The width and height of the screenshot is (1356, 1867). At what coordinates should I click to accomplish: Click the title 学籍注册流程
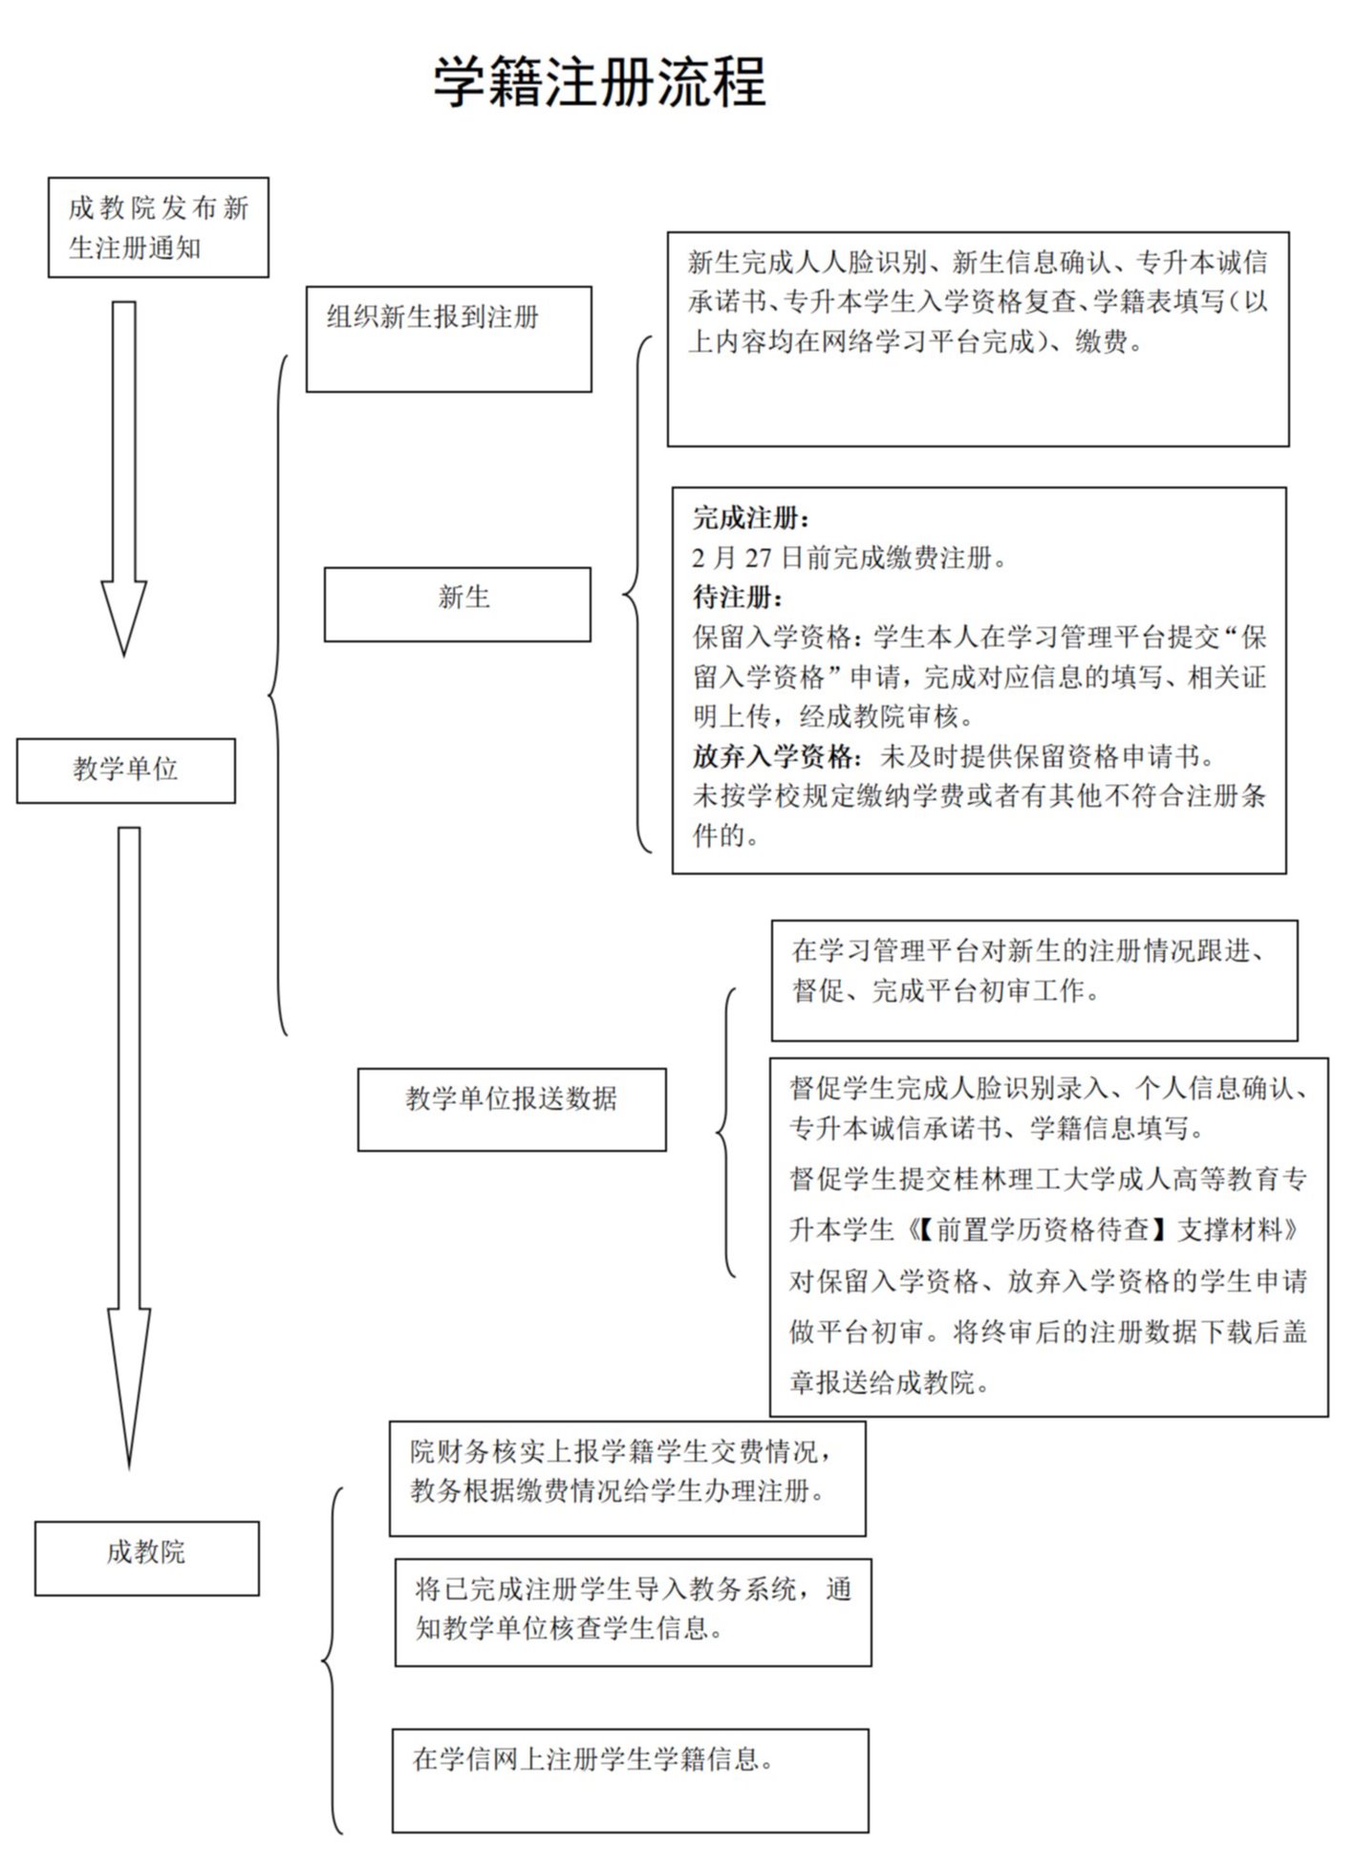tap(599, 82)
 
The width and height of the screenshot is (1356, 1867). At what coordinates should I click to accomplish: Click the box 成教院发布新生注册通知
tap(159, 228)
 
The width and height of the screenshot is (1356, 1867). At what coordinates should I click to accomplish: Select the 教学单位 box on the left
tap(126, 770)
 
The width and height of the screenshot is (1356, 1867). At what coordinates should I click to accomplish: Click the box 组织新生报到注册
tap(448, 338)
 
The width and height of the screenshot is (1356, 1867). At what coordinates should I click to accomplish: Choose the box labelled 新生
tap(458, 603)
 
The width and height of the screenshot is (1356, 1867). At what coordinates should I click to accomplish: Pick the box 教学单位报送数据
tap(511, 1109)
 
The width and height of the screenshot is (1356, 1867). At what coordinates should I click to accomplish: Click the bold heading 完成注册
tap(751, 518)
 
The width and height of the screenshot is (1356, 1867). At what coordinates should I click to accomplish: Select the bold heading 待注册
tap(738, 597)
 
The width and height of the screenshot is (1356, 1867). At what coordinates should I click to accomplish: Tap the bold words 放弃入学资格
tap(774, 756)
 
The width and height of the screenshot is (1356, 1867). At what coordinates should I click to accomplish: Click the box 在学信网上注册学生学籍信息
tap(630, 1780)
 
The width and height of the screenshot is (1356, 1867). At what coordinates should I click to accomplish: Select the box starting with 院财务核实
tap(627, 1478)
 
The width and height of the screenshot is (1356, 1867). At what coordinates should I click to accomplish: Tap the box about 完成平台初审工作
tap(1034, 980)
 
